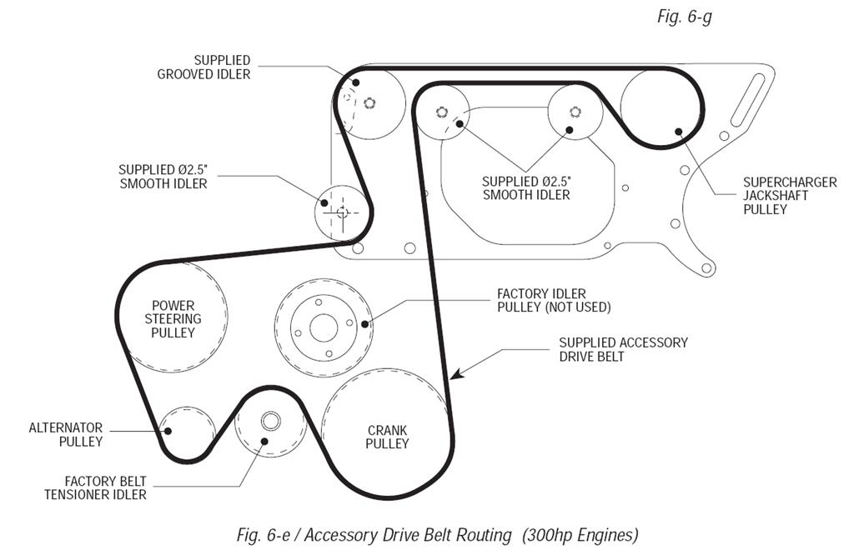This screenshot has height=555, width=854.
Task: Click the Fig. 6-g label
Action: (684, 17)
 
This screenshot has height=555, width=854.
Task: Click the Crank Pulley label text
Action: (388, 437)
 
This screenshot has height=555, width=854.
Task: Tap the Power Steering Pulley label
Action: (173, 319)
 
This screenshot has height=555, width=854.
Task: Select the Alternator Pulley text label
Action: (66, 434)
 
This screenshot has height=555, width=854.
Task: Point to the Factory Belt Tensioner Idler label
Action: (106, 487)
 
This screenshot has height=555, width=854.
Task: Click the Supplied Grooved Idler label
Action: (204, 67)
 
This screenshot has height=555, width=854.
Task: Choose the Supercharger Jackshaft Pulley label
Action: (778, 196)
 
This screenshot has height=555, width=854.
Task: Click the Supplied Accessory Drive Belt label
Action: (623, 349)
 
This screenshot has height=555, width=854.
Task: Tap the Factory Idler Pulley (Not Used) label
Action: (554, 300)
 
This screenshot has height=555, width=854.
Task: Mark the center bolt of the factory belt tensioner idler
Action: (270, 420)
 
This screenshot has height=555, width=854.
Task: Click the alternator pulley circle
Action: (185, 432)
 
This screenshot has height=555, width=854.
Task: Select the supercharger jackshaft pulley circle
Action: (661, 107)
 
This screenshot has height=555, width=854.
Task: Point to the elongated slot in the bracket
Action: (748, 98)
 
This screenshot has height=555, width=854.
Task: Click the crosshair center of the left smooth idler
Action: (342, 212)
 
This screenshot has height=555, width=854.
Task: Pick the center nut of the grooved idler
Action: (370, 103)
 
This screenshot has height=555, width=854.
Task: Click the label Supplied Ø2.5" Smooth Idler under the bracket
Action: (526, 188)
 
